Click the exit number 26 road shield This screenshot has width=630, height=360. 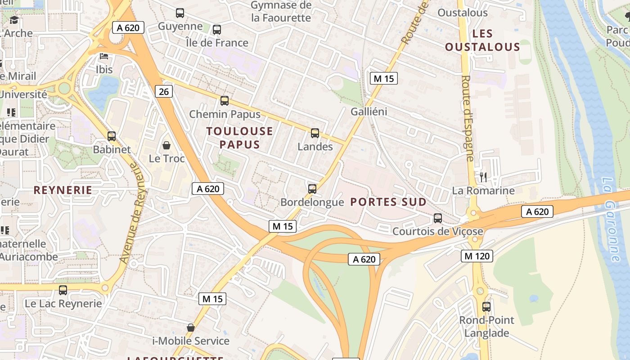[x=164, y=92]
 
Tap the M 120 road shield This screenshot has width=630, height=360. [x=477, y=256]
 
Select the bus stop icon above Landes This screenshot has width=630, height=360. [x=315, y=133]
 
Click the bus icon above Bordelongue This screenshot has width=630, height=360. [x=312, y=189]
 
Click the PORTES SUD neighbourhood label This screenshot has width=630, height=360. [x=388, y=202]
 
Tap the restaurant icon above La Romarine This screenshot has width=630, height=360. [x=483, y=177]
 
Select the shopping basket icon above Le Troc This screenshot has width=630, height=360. [x=166, y=145]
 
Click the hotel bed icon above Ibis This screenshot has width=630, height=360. [x=104, y=57]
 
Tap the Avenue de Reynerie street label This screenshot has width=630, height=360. [x=129, y=213]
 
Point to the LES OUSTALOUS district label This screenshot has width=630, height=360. [x=482, y=40]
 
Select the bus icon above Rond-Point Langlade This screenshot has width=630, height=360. [x=486, y=307]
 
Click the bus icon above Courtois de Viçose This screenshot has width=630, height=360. [x=437, y=218]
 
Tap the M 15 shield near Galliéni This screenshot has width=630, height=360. [x=383, y=78]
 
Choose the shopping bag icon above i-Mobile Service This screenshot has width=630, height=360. [x=191, y=328]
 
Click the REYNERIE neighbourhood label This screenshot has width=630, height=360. [x=63, y=190]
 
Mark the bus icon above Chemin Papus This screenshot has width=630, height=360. [x=225, y=101]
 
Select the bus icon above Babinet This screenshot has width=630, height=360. [x=112, y=136]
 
